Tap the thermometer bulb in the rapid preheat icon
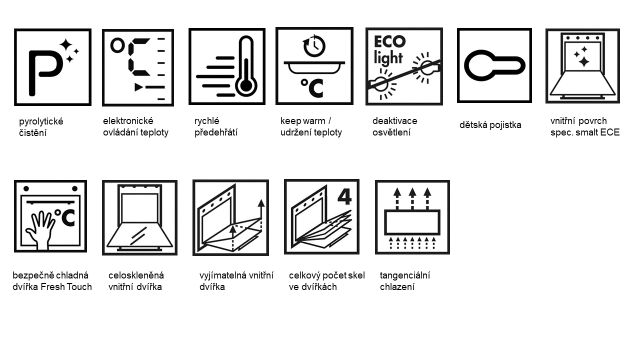click(x=246, y=85)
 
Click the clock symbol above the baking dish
click(x=314, y=45)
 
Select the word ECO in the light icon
click(x=389, y=41)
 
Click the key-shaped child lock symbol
click(x=494, y=65)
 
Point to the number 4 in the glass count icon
click(x=344, y=197)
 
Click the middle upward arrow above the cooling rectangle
click(x=412, y=199)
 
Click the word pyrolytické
click(x=41, y=121)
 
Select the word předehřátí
click(x=215, y=132)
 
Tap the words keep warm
click(x=303, y=121)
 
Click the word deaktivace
click(x=394, y=121)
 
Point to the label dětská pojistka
click(x=490, y=125)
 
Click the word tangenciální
click(x=405, y=275)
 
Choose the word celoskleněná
click(x=136, y=275)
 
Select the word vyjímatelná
click(x=223, y=275)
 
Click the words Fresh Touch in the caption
click(x=66, y=286)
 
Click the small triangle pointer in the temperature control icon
click(x=139, y=87)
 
